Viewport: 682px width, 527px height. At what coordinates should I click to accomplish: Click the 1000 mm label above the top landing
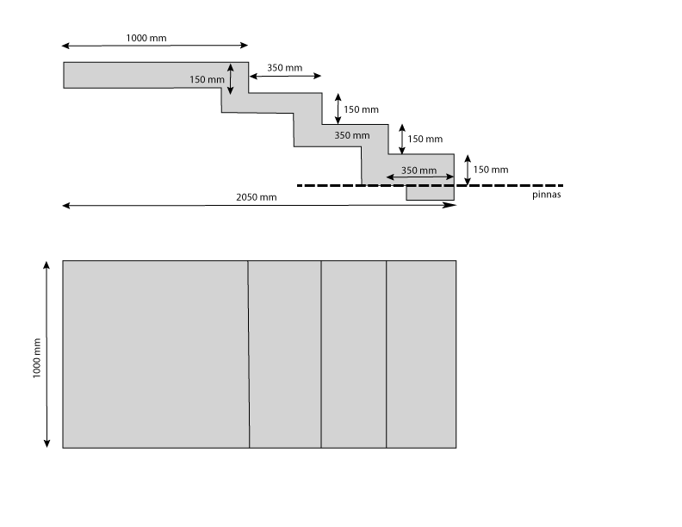point(146,38)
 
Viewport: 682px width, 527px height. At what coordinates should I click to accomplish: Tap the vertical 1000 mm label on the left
point(37,355)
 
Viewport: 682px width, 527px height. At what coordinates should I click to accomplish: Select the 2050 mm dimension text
point(257,197)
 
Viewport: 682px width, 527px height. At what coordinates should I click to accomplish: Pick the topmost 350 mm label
point(284,68)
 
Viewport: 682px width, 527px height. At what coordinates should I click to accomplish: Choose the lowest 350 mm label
point(419,170)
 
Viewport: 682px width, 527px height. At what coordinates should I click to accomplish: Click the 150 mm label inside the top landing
point(207,80)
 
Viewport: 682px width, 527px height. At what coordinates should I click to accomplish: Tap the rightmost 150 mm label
point(491,170)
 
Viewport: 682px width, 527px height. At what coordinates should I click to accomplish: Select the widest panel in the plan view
point(156,354)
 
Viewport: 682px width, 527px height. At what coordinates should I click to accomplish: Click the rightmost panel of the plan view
point(421,354)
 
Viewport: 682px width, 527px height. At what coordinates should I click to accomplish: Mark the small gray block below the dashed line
point(431,194)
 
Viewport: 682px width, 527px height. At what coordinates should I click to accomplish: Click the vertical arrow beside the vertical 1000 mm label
point(46,355)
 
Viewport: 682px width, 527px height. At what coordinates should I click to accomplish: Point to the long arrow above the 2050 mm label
point(258,206)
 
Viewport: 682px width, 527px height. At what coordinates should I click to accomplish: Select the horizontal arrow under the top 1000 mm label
point(155,46)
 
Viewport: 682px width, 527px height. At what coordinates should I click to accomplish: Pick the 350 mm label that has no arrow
point(351,135)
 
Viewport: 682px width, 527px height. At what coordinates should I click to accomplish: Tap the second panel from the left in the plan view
point(285,354)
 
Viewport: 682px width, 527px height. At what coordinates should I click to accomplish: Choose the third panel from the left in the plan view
point(354,354)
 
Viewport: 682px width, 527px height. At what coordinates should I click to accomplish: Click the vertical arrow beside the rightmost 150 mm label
point(467,170)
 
